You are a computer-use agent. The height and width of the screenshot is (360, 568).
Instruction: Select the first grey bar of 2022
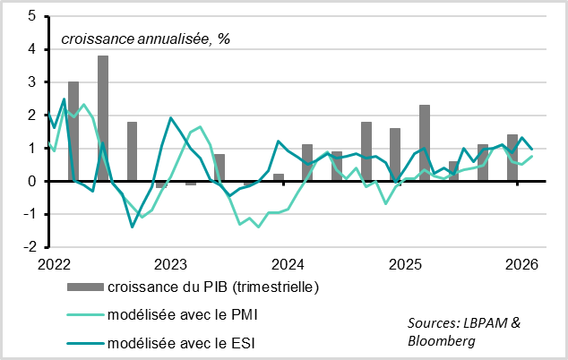(x=73, y=131)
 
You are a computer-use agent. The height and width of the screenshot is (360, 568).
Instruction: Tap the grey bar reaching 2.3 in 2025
(x=425, y=142)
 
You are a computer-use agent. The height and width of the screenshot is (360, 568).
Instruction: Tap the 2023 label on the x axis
(x=170, y=264)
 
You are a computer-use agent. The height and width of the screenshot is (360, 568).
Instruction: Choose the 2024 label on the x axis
(x=288, y=264)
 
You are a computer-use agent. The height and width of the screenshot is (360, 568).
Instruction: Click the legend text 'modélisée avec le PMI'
(x=176, y=315)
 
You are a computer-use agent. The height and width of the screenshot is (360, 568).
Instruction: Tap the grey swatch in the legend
(x=84, y=287)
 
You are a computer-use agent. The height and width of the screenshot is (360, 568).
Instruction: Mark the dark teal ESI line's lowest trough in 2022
(x=133, y=227)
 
